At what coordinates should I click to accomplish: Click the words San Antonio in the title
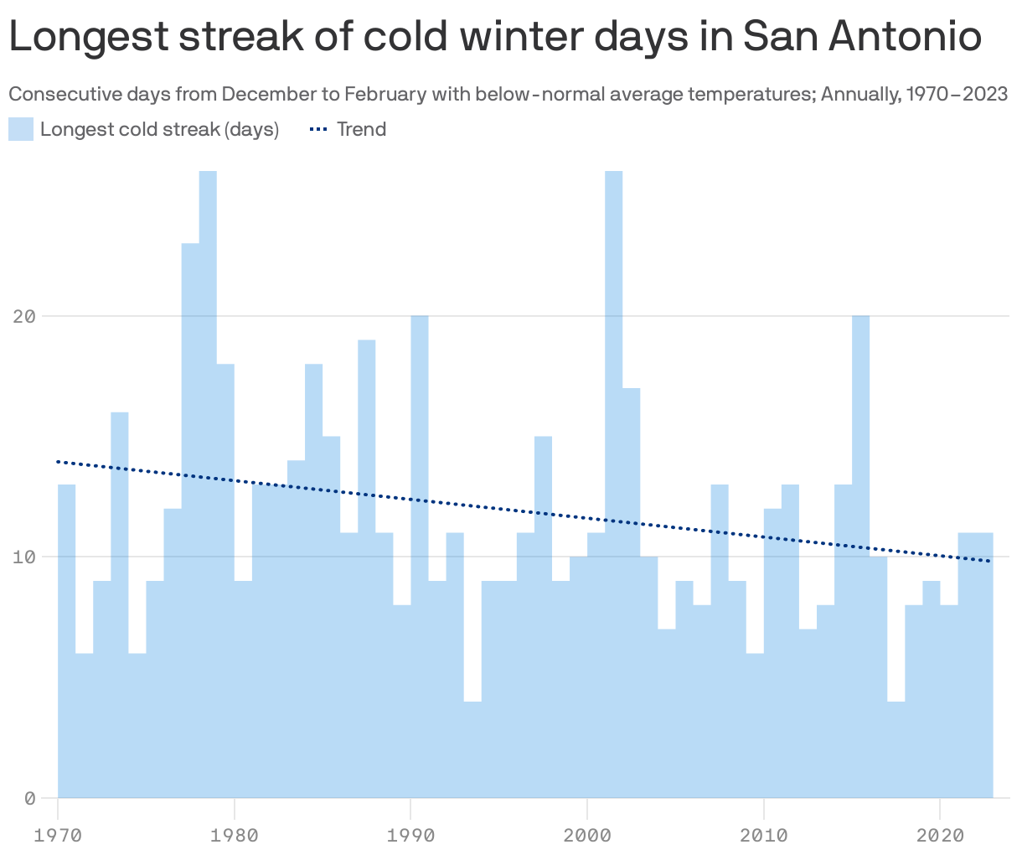click(862, 37)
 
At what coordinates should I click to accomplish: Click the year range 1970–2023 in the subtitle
click(957, 93)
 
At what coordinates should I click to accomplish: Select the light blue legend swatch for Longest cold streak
click(21, 129)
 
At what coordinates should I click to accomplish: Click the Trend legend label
click(361, 129)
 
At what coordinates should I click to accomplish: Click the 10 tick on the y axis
click(24, 557)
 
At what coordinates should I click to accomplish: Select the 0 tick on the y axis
click(30, 798)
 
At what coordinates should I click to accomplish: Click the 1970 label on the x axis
click(58, 835)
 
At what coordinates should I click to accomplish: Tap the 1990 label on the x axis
click(410, 835)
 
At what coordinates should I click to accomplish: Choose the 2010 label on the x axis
click(763, 835)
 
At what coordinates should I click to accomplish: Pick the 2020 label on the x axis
click(940, 835)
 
